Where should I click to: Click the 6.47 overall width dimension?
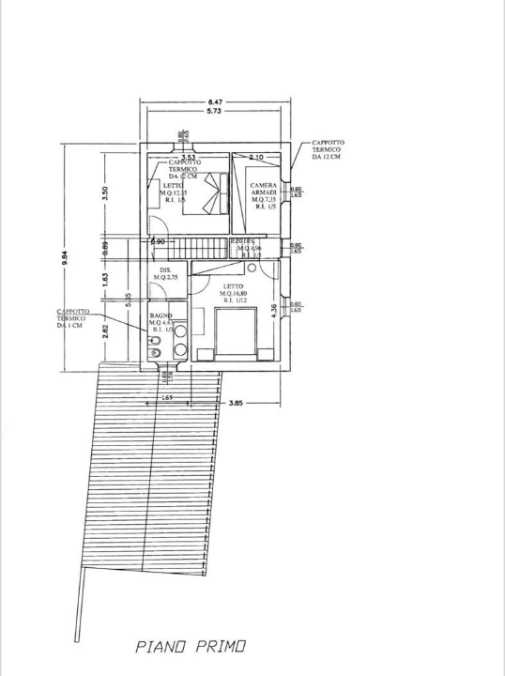click(216, 101)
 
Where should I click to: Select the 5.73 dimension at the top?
click(216, 112)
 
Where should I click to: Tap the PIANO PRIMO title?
click(191, 647)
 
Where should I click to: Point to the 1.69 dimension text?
click(167, 399)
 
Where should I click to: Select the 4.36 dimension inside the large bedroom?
click(274, 311)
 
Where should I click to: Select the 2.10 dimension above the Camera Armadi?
click(255, 158)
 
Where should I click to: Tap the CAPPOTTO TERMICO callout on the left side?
click(71, 318)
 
